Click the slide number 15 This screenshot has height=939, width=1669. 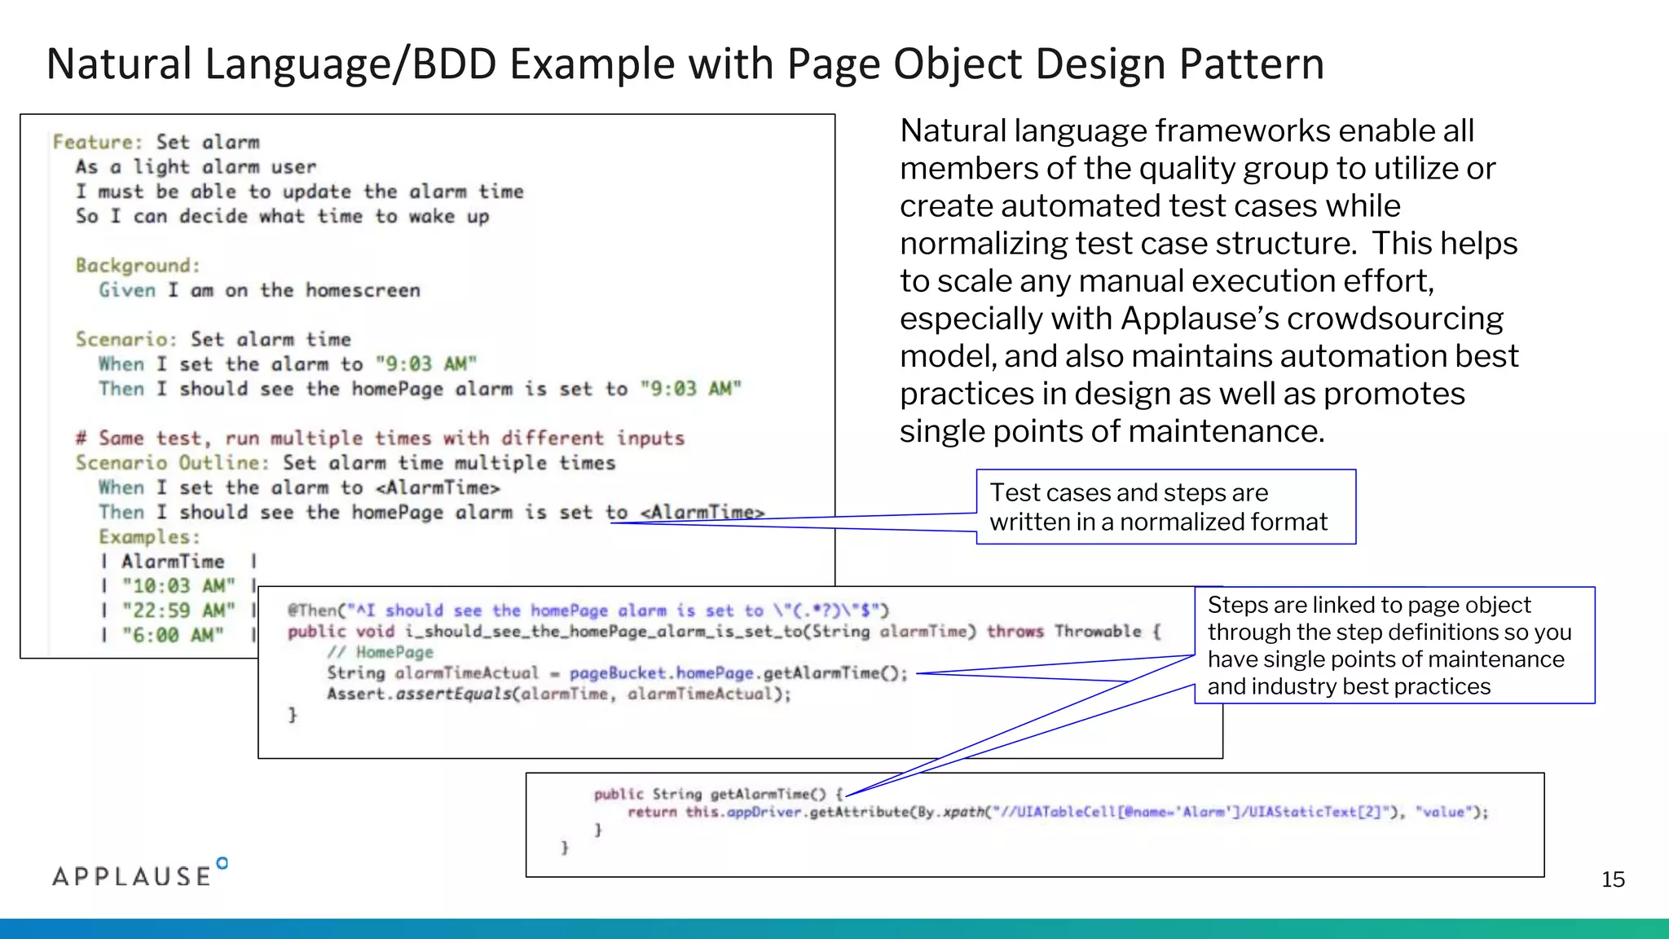[x=1613, y=879]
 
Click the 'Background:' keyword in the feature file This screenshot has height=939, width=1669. [x=138, y=266]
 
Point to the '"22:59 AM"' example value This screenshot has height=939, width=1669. [x=178, y=611]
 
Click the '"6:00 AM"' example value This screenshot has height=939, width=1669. [x=173, y=635]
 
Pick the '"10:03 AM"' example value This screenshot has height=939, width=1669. [x=178, y=586]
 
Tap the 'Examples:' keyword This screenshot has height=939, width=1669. [x=149, y=537]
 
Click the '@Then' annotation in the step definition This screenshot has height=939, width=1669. [x=312, y=611]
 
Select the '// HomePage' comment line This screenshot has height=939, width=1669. [x=381, y=652]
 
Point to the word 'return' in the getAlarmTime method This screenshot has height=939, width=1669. [x=652, y=812]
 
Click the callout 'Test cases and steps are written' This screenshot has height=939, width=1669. [x=1165, y=507]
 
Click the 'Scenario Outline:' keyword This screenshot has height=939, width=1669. [x=172, y=463]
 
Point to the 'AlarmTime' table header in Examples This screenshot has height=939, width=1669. [x=173, y=562]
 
